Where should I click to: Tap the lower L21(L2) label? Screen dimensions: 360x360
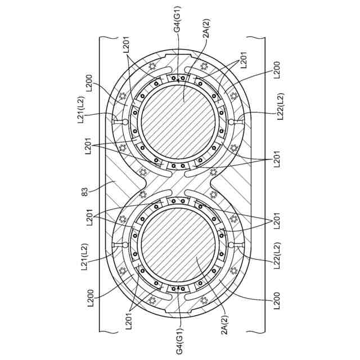coord(83,256)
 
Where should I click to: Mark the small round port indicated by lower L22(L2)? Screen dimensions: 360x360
coord(232,245)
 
